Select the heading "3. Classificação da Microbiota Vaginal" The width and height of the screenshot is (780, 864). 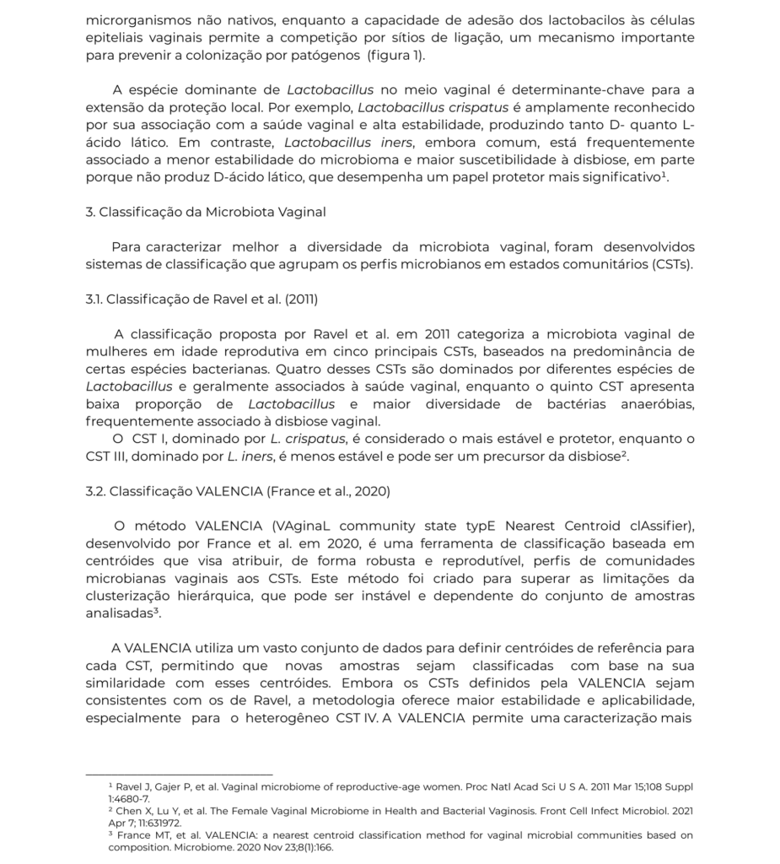[x=206, y=212]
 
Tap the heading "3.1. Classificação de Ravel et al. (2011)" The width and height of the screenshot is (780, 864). [x=202, y=299]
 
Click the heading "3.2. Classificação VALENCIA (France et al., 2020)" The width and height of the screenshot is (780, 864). [x=238, y=490]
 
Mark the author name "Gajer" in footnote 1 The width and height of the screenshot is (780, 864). [x=164, y=786]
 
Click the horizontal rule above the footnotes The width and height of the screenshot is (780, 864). [x=180, y=774]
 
